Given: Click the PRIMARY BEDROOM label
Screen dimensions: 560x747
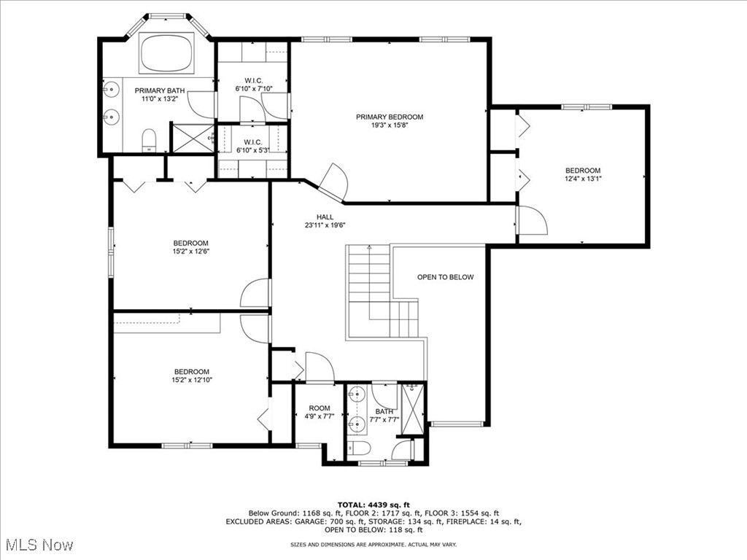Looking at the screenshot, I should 389,117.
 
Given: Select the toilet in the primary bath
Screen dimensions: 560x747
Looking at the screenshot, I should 149,140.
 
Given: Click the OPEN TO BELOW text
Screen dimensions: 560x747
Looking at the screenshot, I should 445,277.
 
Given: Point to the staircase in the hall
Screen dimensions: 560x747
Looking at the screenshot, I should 370,284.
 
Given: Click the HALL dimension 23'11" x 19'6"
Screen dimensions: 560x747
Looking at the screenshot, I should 325,225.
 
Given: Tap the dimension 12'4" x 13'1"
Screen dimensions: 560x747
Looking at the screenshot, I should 582,178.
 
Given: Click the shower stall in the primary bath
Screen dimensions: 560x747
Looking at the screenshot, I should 192,137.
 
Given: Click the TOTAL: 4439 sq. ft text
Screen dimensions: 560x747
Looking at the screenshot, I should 373,505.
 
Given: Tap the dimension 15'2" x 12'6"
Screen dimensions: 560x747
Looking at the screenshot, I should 190,252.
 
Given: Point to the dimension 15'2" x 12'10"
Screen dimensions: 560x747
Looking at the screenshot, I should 190,379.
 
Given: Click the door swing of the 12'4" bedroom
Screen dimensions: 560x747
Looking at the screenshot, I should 531,221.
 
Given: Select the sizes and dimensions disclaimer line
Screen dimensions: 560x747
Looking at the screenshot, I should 373,544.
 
